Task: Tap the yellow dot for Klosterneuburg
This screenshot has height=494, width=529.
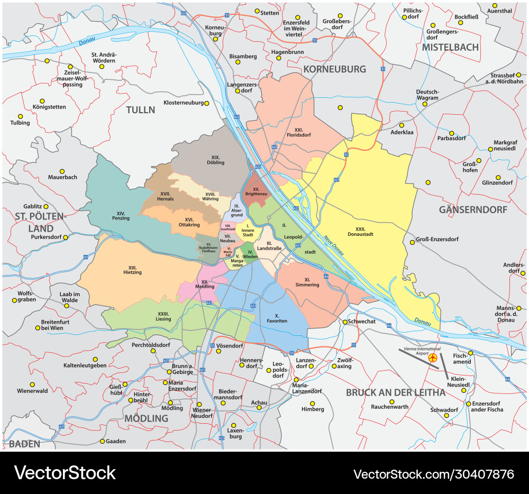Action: tap(207, 103)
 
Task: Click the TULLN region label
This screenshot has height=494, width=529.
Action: tap(140, 110)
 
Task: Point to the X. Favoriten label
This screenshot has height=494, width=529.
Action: tap(273, 318)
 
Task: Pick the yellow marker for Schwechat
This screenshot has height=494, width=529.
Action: tap(345, 322)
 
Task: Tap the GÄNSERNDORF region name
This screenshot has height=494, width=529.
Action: tap(473, 210)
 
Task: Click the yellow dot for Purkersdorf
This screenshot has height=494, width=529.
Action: tap(66, 237)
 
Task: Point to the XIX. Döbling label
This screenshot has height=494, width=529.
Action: tap(215, 160)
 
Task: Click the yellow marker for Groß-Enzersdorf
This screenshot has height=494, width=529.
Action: tap(412, 243)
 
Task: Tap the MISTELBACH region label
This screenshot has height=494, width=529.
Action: tap(450, 47)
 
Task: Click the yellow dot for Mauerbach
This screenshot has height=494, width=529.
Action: tap(62, 171)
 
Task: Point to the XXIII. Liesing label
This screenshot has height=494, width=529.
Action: tap(160, 316)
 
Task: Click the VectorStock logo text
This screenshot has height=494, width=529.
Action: tap(65, 472)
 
